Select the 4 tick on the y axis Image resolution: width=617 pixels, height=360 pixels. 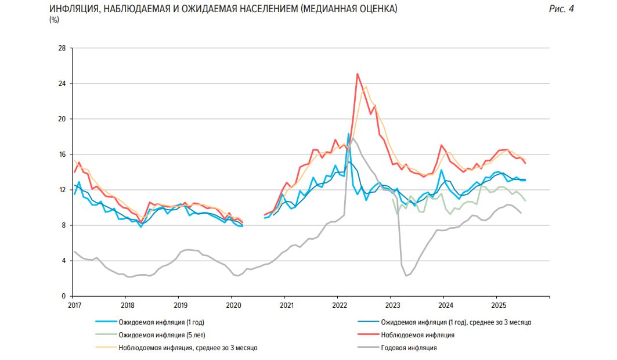[x=63, y=261]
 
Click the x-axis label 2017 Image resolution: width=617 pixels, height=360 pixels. [x=74, y=305]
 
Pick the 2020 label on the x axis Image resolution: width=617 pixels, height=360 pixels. [x=233, y=305]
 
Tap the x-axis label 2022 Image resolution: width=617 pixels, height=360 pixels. [x=339, y=305]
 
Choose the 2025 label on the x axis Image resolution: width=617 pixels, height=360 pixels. [x=498, y=305]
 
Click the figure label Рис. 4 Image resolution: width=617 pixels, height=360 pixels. [x=561, y=9]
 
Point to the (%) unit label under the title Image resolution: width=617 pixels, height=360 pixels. [x=55, y=20]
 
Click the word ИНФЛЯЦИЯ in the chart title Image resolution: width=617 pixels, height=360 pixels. [x=75, y=9]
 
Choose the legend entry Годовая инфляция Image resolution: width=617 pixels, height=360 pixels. [x=409, y=348]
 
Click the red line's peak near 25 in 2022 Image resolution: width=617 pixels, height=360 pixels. [x=357, y=74]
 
